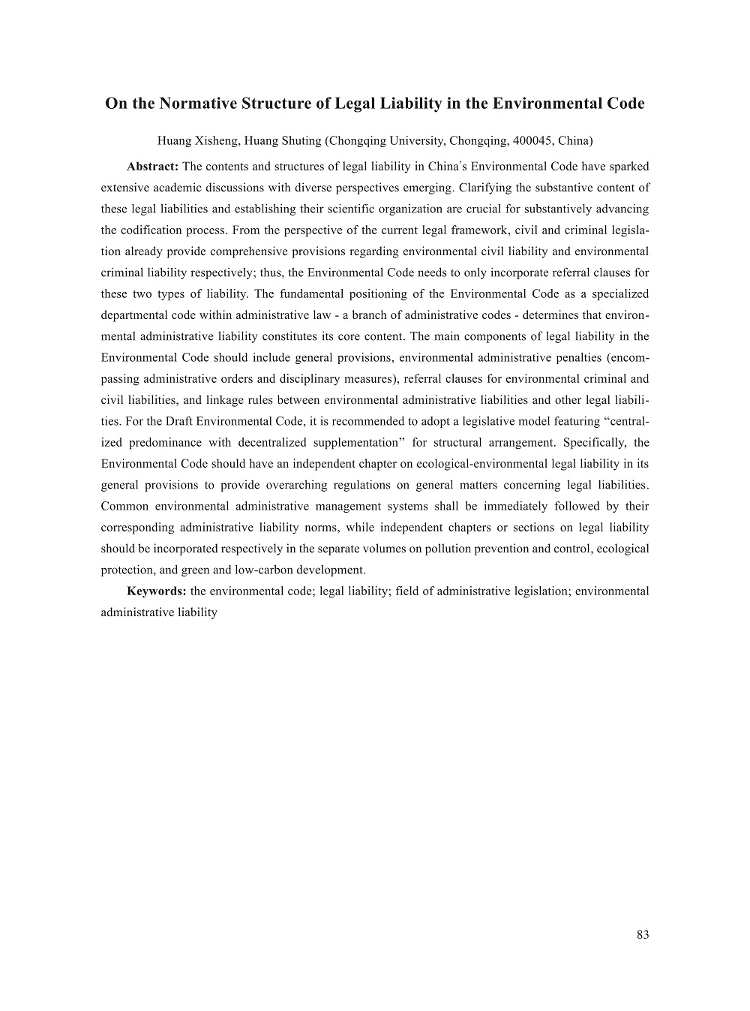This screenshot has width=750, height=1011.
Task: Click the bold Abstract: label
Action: click(x=152, y=166)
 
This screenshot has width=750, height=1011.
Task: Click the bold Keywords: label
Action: click(x=157, y=591)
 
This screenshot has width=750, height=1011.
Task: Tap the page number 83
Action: click(x=642, y=934)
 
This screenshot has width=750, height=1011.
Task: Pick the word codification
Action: click(x=154, y=230)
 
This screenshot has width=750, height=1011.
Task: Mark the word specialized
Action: click(x=620, y=293)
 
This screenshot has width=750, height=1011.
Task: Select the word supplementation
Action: click(x=352, y=443)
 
